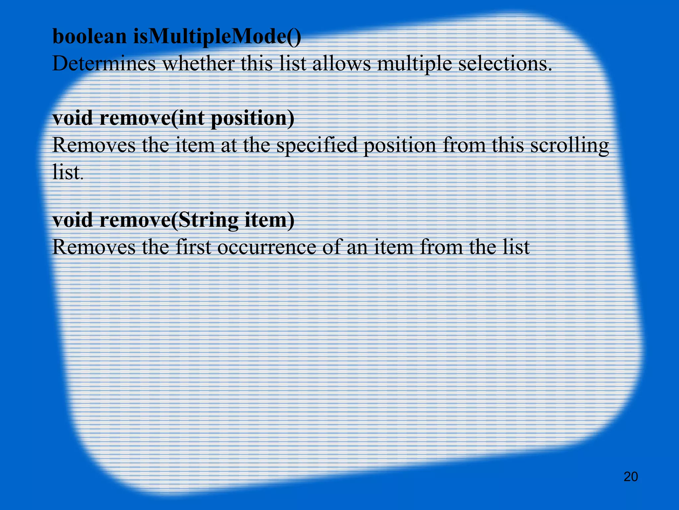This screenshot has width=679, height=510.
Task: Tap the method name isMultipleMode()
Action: (217, 37)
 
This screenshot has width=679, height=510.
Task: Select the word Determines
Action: (104, 64)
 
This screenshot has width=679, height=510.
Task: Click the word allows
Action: (341, 64)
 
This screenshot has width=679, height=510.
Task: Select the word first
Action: (193, 247)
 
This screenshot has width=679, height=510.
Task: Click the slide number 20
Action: (631, 477)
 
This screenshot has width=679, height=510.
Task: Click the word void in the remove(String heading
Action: (73, 220)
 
